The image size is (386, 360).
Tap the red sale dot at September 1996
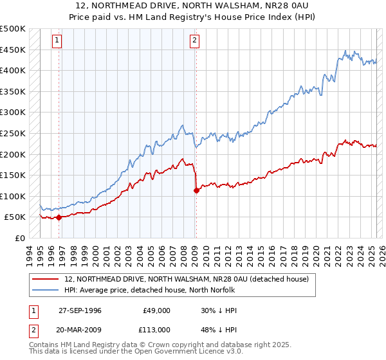click(59, 217)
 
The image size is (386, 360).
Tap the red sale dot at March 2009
click(196, 190)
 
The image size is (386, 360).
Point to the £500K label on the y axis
click(13, 29)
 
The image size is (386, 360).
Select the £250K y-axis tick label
click(13, 133)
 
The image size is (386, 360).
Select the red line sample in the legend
click(45, 279)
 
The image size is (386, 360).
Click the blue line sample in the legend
click(45, 289)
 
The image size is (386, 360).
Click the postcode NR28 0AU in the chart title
click(270, 4)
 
